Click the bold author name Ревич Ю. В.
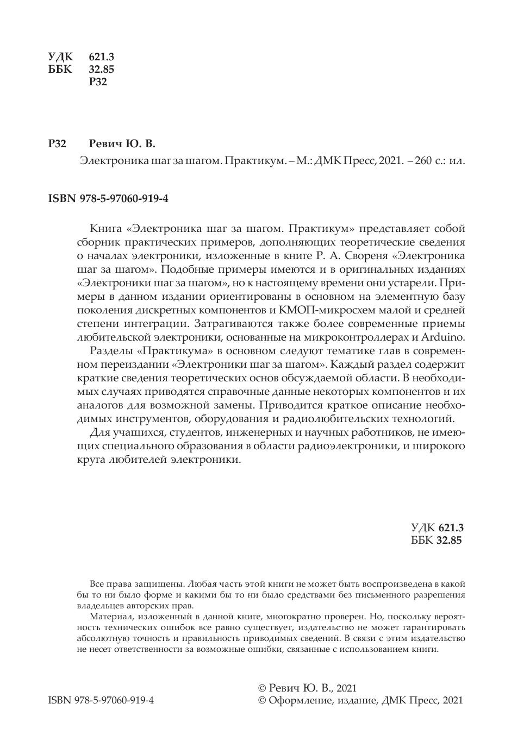point(122,144)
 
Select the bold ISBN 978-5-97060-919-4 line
point(108,199)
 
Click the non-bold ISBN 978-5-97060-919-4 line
point(101,700)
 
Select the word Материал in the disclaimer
point(111,617)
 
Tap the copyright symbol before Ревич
point(262,688)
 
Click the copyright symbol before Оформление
point(262,700)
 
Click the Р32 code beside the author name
point(58,144)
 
